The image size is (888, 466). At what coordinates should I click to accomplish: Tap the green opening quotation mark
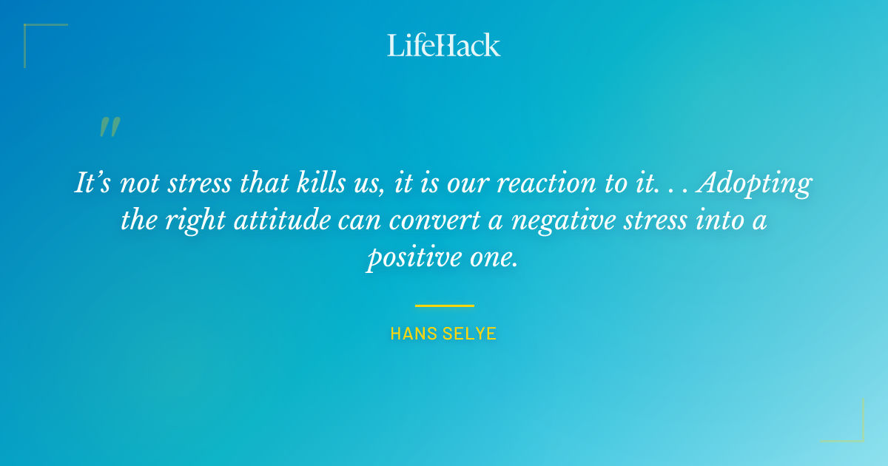(109, 127)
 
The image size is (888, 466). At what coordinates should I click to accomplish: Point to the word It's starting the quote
(94, 183)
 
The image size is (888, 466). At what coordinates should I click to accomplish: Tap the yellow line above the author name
(444, 305)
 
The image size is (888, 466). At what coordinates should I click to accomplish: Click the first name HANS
(411, 334)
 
